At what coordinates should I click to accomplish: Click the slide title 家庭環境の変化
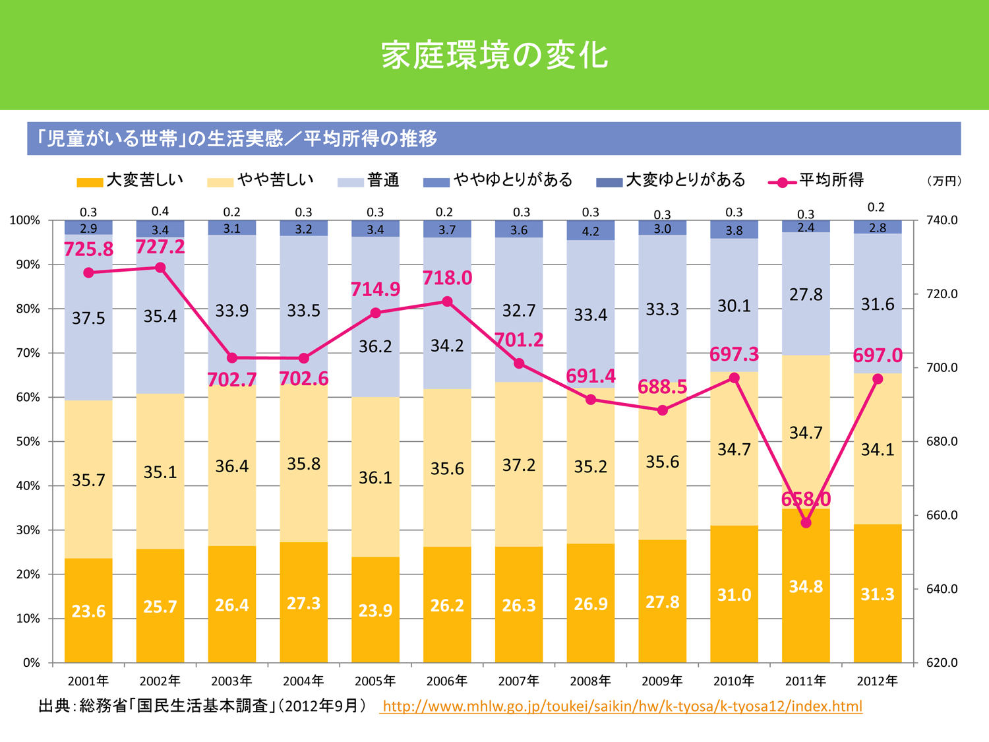[494, 55]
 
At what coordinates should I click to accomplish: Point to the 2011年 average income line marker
[806, 523]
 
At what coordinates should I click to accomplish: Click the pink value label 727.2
[160, 247]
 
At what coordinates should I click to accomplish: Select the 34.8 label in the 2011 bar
[806, 586]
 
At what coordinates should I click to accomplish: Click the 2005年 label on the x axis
[375, 681]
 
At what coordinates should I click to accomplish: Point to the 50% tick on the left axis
[28, 441]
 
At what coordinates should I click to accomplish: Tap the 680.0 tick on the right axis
[942, 441]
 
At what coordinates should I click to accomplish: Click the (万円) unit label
[944, 181]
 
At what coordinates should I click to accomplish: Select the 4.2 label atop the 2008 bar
[591, 232]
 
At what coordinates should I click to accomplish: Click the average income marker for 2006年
[447, 301]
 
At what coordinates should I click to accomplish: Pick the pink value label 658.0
[806, 499]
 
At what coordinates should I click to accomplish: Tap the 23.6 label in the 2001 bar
[88, 611]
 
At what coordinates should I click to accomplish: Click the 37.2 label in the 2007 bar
[519, 466]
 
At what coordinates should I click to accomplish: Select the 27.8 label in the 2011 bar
[806, 295]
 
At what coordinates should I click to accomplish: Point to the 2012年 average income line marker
[878, 379]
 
